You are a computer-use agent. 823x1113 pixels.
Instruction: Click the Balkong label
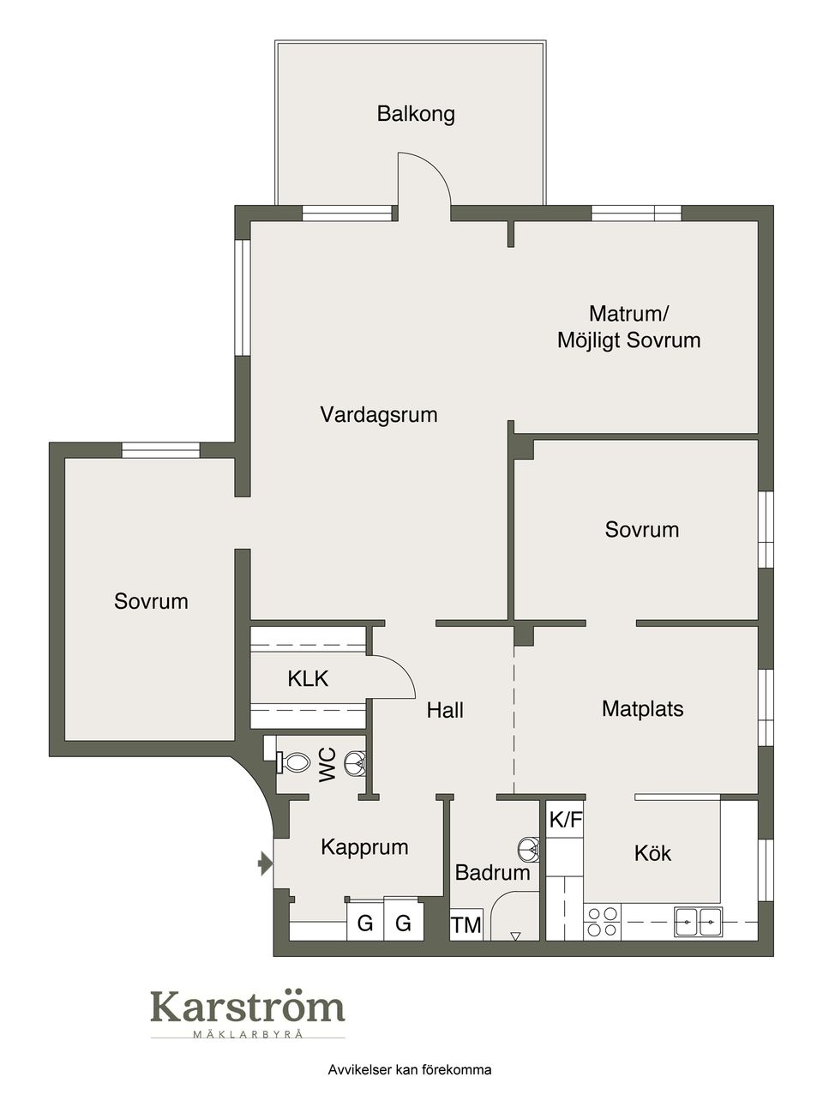coord(416,114)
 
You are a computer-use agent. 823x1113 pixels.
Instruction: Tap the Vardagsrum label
coord(379,415)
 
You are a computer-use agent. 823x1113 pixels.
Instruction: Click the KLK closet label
coord(308,679)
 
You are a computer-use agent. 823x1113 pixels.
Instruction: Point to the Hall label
coord(445,710)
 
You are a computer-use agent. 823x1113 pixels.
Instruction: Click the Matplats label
coord(642,709)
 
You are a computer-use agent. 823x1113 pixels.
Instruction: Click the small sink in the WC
coord(355,761)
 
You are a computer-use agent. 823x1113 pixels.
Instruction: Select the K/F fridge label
coord(565,820)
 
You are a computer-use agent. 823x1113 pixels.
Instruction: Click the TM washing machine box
coord(466,925)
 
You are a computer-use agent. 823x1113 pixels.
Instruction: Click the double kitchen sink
coord(698,921)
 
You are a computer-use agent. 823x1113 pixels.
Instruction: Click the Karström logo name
coord(247,1008)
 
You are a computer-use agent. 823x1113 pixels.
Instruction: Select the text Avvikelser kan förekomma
coord(409,1070)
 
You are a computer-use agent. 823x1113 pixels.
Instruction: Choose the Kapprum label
coord(364,847)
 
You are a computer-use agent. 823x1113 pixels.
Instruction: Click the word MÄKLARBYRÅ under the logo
coord(247,1034)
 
